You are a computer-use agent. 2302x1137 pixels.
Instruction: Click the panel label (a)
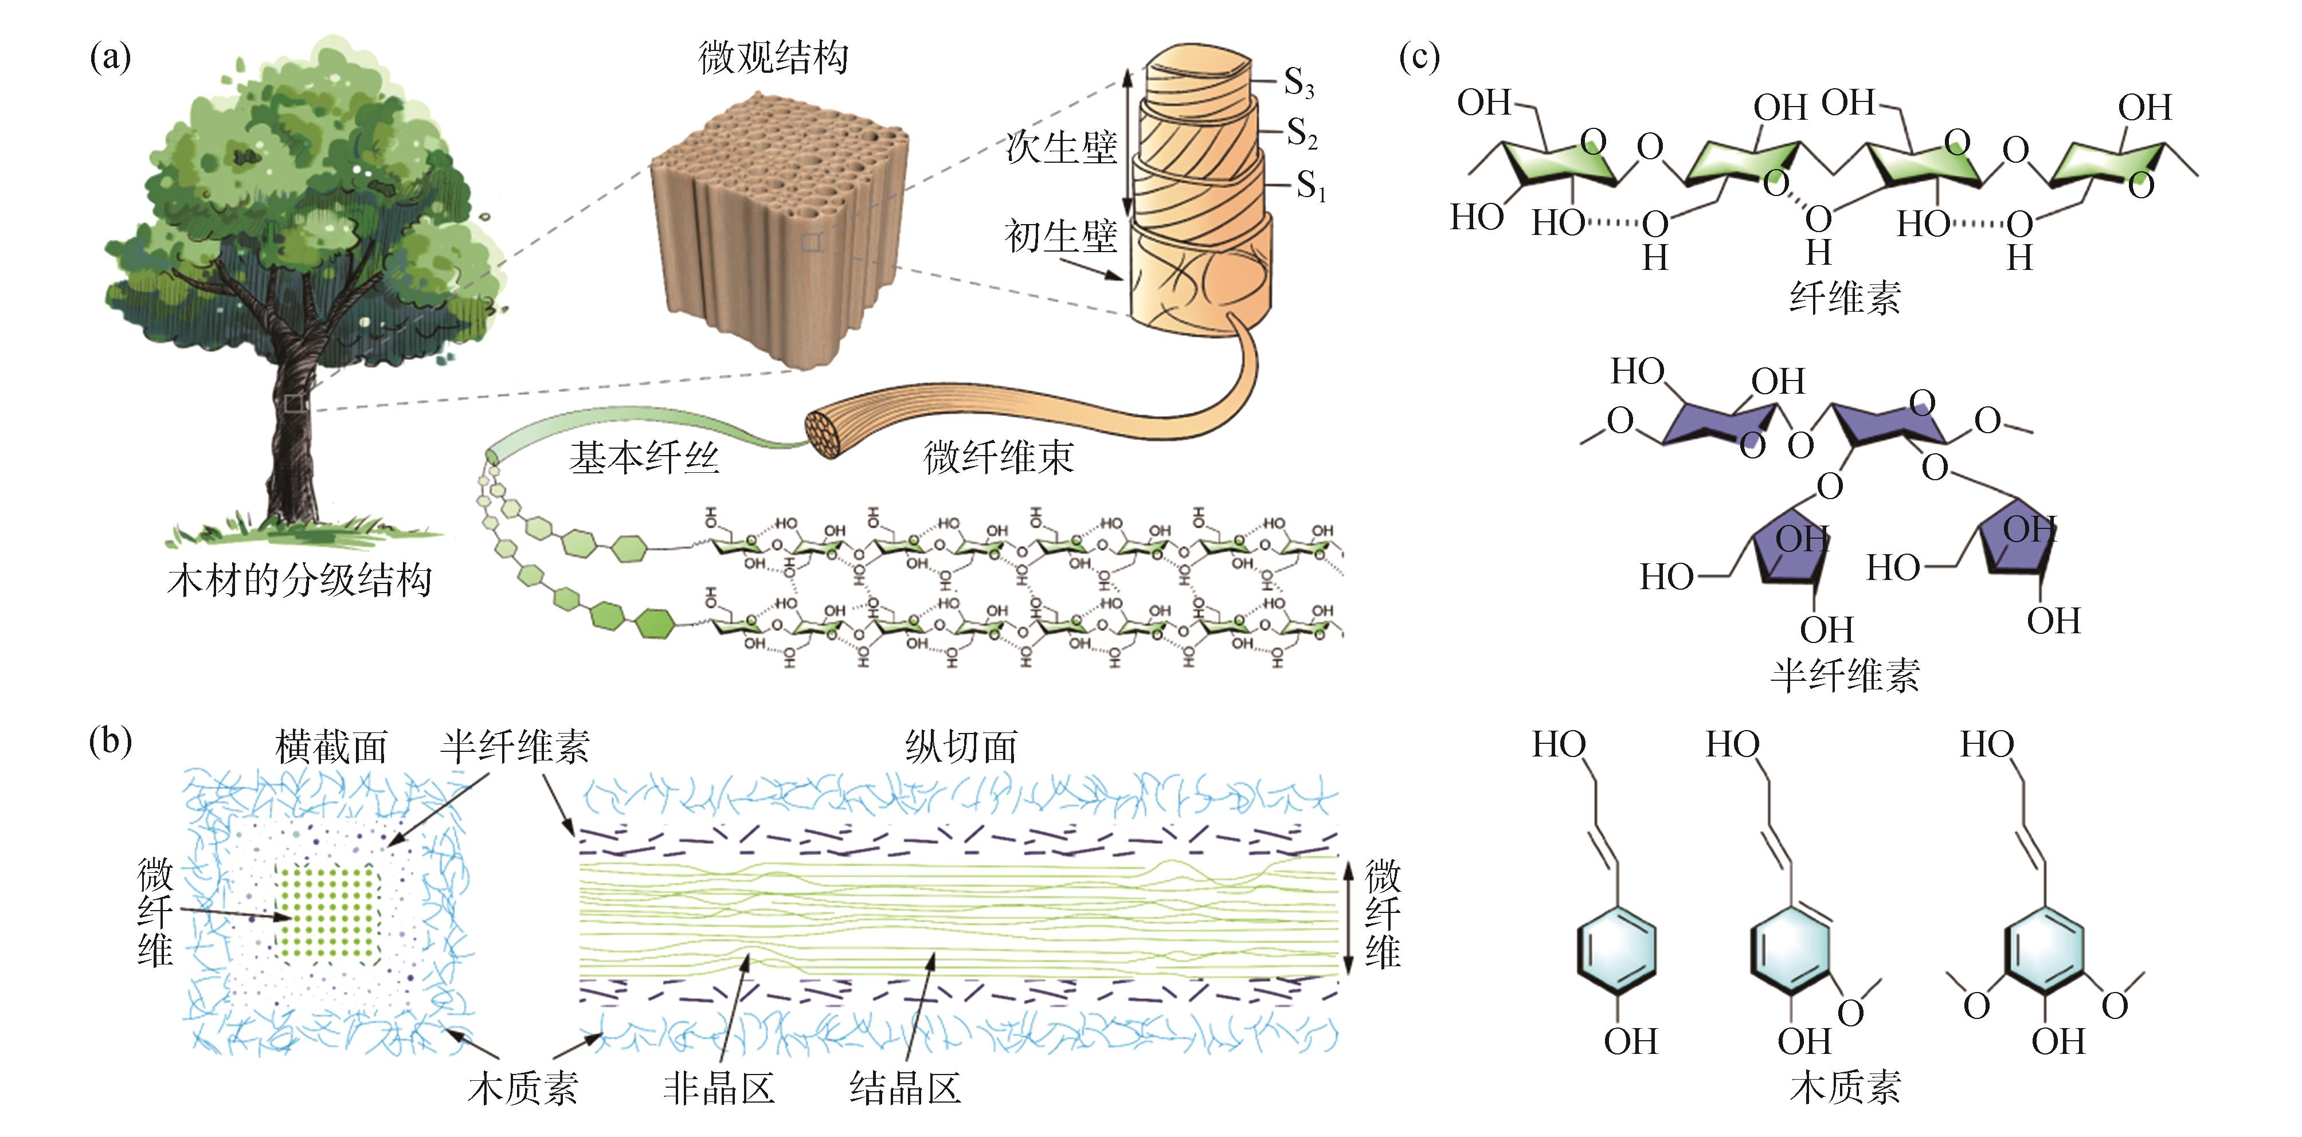(x=110, y=58)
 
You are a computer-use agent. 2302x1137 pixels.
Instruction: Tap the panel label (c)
(x=1419, y=58)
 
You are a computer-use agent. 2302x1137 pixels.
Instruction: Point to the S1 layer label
(x=1310, y=187)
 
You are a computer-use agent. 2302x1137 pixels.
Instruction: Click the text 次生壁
(x=1061, y=147)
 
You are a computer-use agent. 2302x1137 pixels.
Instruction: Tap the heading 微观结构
(x=773, y=58)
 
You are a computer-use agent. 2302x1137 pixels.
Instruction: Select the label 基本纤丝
(x=643, y=458)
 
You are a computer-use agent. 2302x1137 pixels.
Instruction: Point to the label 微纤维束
(x=997, y=458)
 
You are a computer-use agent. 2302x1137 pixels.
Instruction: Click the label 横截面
(x=331, y=747)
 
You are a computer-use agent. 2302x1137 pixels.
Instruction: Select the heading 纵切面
(x=961, y=747)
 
